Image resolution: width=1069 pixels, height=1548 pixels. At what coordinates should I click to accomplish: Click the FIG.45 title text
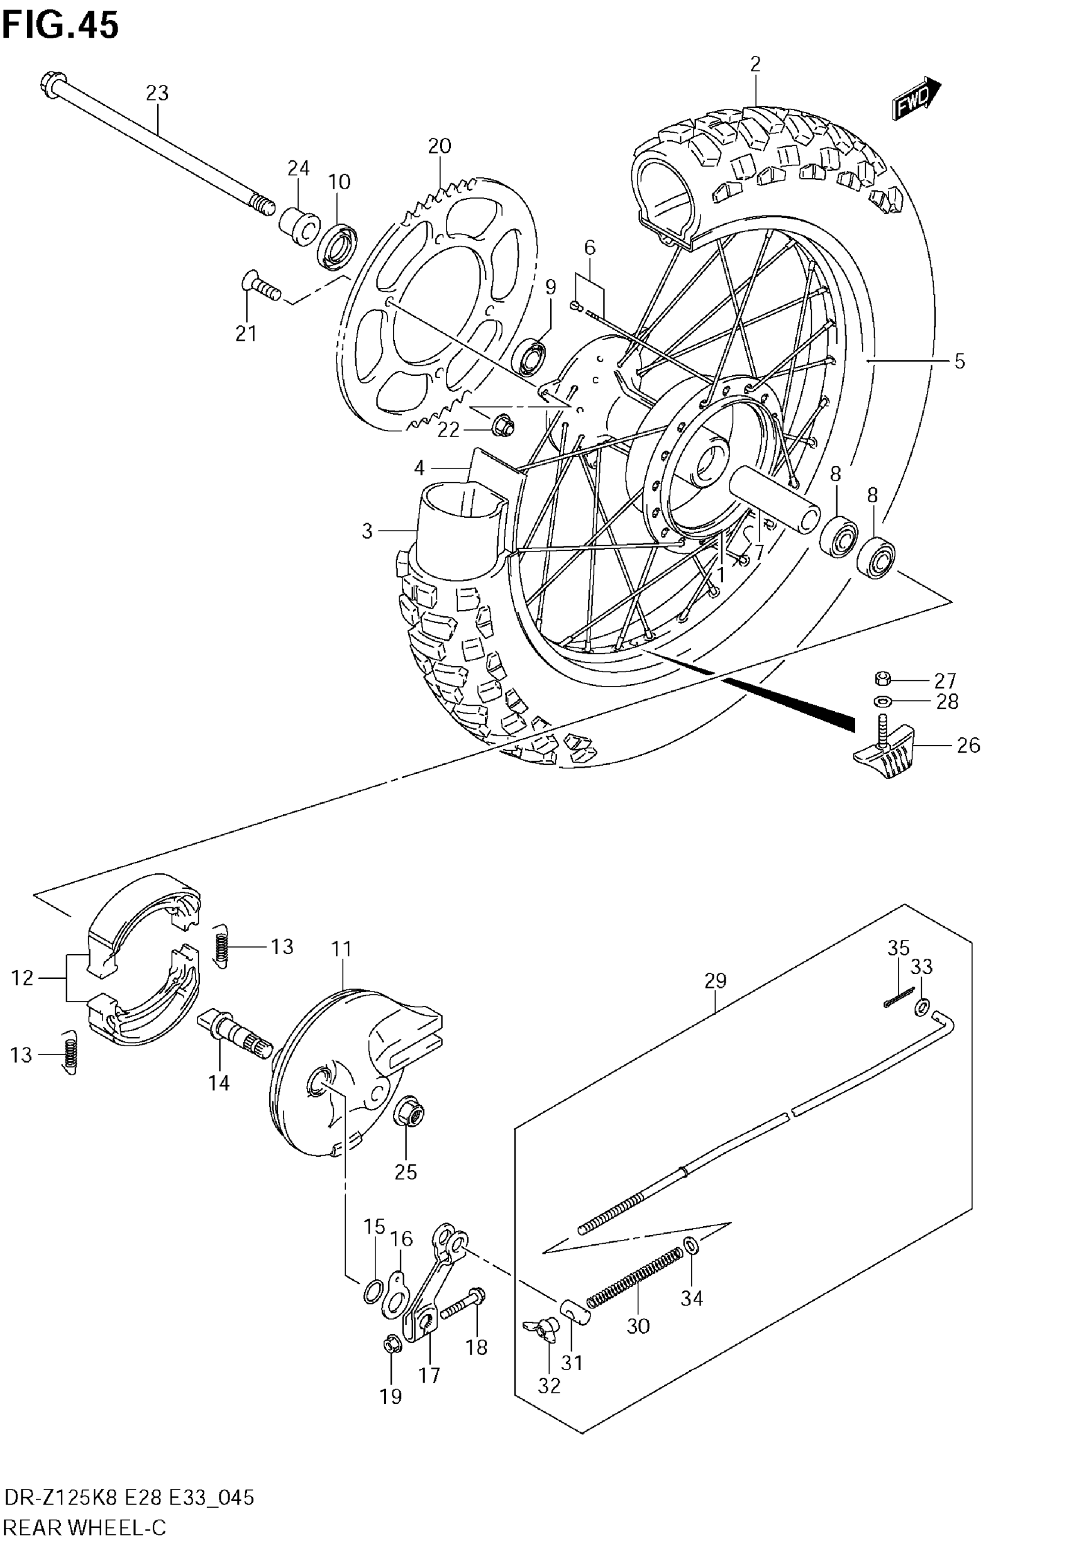[60, 25]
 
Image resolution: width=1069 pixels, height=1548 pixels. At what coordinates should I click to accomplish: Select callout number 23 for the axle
[157, 93]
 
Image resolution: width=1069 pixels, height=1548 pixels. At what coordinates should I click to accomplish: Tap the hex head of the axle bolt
[52, 85]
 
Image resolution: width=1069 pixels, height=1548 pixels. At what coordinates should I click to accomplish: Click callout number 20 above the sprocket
[440, 146]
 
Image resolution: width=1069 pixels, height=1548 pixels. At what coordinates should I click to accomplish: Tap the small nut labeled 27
[882, 680]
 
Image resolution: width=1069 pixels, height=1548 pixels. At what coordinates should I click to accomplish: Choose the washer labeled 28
[882, 702]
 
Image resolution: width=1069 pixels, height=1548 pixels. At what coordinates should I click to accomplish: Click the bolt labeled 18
[462, 1303]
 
